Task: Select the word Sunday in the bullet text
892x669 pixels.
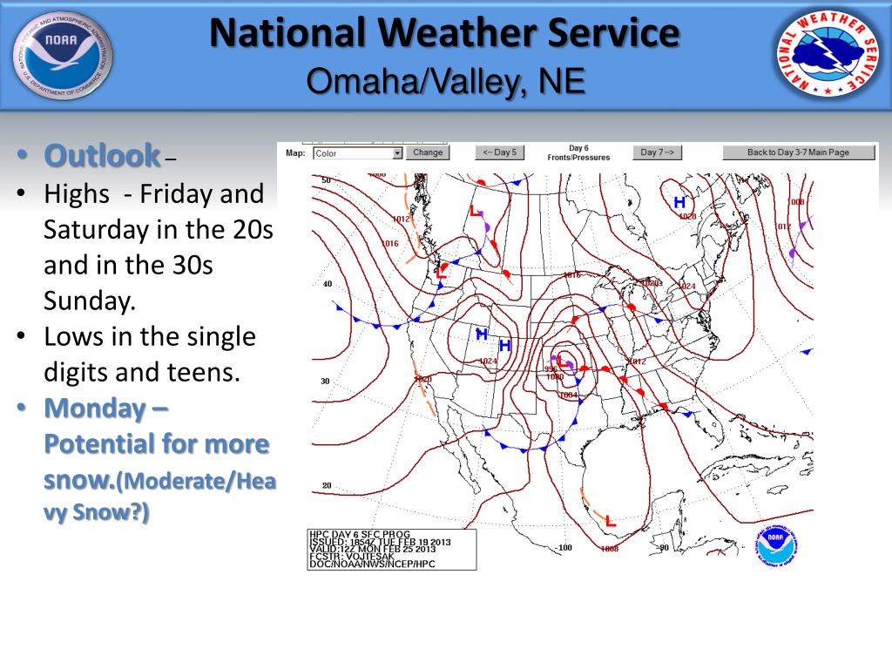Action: [x=90, y=301]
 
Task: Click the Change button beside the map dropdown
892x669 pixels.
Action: [x=428, y=152]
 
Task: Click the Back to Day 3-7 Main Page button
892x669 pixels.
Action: [x=798, y=152]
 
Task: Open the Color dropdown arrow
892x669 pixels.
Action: [x=397, y=153]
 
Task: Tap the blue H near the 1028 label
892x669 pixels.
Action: [x=679, y=202]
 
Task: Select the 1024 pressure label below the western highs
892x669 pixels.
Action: [x=488, y=361]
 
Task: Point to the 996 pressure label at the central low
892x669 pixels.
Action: [x=551, y=368]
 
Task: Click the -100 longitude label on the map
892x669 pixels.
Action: [x=564, y=548]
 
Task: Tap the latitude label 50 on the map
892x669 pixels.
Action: [x=327, y=180]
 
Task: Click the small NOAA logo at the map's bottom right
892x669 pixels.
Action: [x=774, y=545]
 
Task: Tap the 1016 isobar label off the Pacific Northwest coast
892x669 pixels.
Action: [x=389, y=244]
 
